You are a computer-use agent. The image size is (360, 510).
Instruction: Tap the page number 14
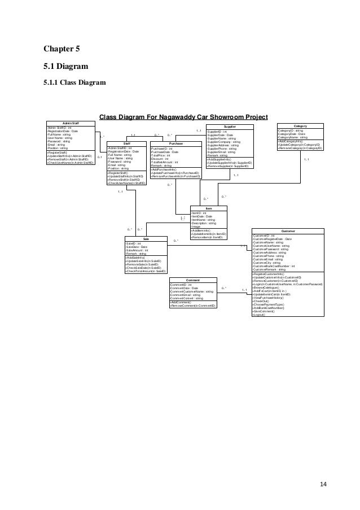(323, 468)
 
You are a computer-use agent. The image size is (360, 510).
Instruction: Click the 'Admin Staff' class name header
(71, 123)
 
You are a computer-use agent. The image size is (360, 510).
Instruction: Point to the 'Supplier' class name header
(230, 127)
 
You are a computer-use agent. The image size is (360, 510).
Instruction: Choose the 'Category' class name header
(300, 127)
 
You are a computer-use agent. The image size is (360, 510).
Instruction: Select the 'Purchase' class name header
(175, 144)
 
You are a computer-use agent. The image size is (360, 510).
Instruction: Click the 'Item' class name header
(209, 208)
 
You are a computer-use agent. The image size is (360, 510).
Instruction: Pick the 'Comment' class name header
(193, 280)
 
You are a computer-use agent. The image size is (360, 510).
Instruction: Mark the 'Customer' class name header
(288, 231)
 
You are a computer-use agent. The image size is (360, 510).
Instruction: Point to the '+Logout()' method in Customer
(261, 315)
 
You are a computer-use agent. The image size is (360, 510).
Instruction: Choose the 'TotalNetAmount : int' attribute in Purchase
(165, 162)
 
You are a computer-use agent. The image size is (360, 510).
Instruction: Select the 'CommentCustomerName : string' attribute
(191, 291)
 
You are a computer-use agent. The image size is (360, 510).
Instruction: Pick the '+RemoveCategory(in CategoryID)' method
(300, 147)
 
